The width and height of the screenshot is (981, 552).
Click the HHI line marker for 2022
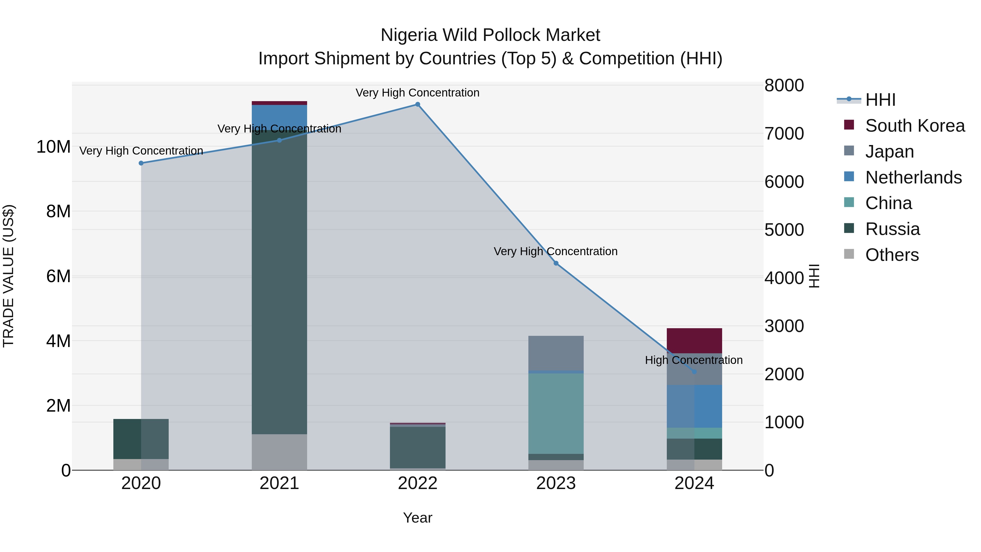[x=417, y=104]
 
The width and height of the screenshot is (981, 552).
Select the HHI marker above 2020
[x=141, y=163]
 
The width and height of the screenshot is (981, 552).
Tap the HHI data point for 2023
[x=556, y=263]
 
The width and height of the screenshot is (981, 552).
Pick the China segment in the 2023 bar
[x=556, y=413]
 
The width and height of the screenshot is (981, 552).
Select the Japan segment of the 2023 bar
[x=556, y=353]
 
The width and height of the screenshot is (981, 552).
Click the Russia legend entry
[x=892, y=229]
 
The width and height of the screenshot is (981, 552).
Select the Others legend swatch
[x=849, y=254]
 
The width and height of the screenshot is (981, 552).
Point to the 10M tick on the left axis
[x=53, y=147]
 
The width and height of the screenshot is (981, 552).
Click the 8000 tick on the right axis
[x=784, y=85]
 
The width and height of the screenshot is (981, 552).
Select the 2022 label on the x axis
[x=417, y=483]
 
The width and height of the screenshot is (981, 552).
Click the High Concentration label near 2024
[x=694, y=360]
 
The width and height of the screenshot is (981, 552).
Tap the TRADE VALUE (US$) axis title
[x=8, y=276]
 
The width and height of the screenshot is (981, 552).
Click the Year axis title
[x=417, y=518]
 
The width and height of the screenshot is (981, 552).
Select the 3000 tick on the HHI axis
[x=784, y=326]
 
